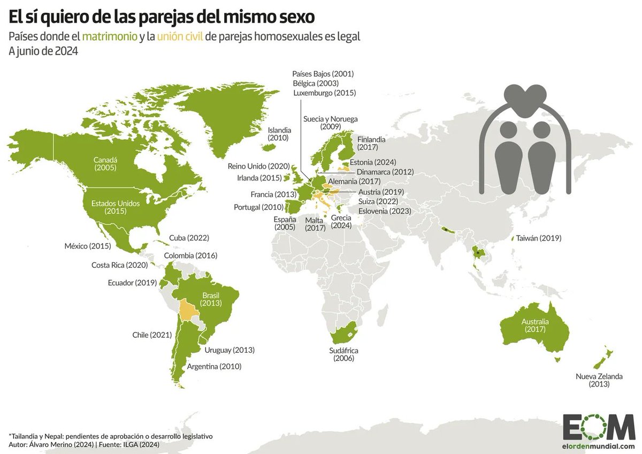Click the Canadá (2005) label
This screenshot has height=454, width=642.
105,164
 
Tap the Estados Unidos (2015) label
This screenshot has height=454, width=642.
108,207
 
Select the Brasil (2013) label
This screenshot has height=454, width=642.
211,299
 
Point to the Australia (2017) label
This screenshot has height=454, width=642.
535,326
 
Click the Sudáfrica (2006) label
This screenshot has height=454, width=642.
343,354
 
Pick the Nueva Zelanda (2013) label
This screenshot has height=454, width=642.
599,380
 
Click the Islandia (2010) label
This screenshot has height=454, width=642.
279,134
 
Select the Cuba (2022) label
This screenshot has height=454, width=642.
188,238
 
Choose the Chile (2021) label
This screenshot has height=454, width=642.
152,335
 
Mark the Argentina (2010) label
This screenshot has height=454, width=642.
214,367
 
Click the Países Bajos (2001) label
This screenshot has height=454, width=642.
323,73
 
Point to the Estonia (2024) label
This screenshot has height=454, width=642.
372,162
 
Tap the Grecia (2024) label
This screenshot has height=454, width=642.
341,222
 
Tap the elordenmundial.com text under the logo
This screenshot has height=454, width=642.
598,446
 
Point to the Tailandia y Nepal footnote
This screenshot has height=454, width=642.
111,436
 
